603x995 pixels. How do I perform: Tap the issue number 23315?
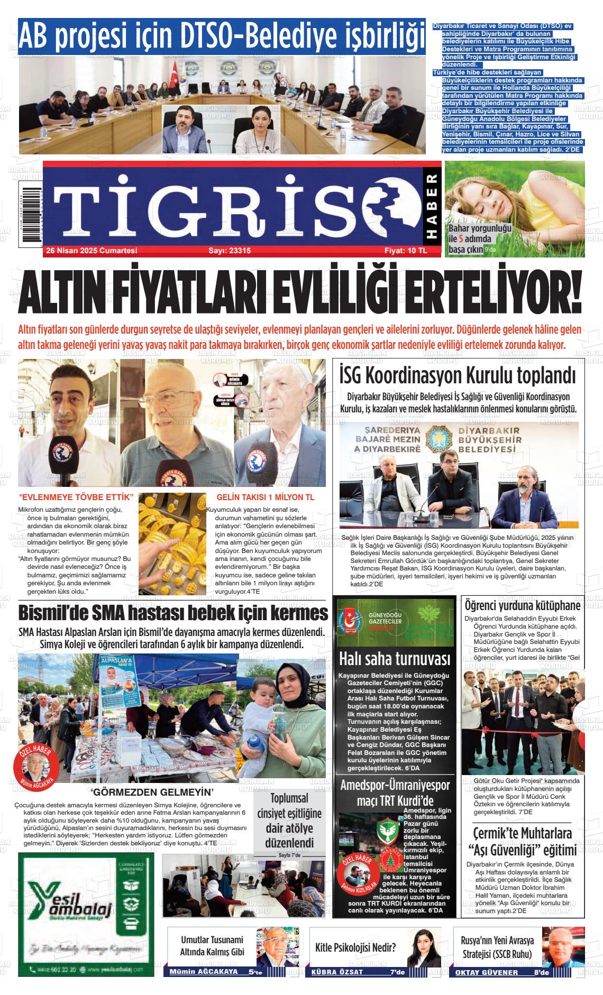[230, 251]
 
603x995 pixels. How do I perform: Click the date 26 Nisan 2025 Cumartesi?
[92, 251]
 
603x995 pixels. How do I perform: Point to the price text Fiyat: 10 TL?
[406, 251]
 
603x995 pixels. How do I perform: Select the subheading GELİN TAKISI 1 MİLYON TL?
[266, 497]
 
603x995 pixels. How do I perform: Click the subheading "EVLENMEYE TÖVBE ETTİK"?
[75, 497]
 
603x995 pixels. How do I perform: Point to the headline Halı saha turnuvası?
[395, 659]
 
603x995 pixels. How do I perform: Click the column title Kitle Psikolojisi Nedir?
[356, 947]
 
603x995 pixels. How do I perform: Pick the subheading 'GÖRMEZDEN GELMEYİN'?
[152, 791]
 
